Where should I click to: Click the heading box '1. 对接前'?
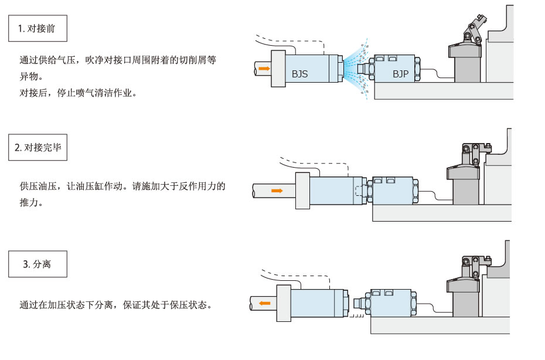[38, 28]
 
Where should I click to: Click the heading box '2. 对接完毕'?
[38, 148]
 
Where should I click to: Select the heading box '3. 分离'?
[38, 264]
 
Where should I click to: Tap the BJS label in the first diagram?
[299, 74]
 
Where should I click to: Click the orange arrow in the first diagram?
[265, 69]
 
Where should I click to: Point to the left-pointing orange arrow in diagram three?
[265, 303]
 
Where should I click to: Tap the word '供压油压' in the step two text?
[38, 186]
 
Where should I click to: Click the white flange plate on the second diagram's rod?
[302, 191]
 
